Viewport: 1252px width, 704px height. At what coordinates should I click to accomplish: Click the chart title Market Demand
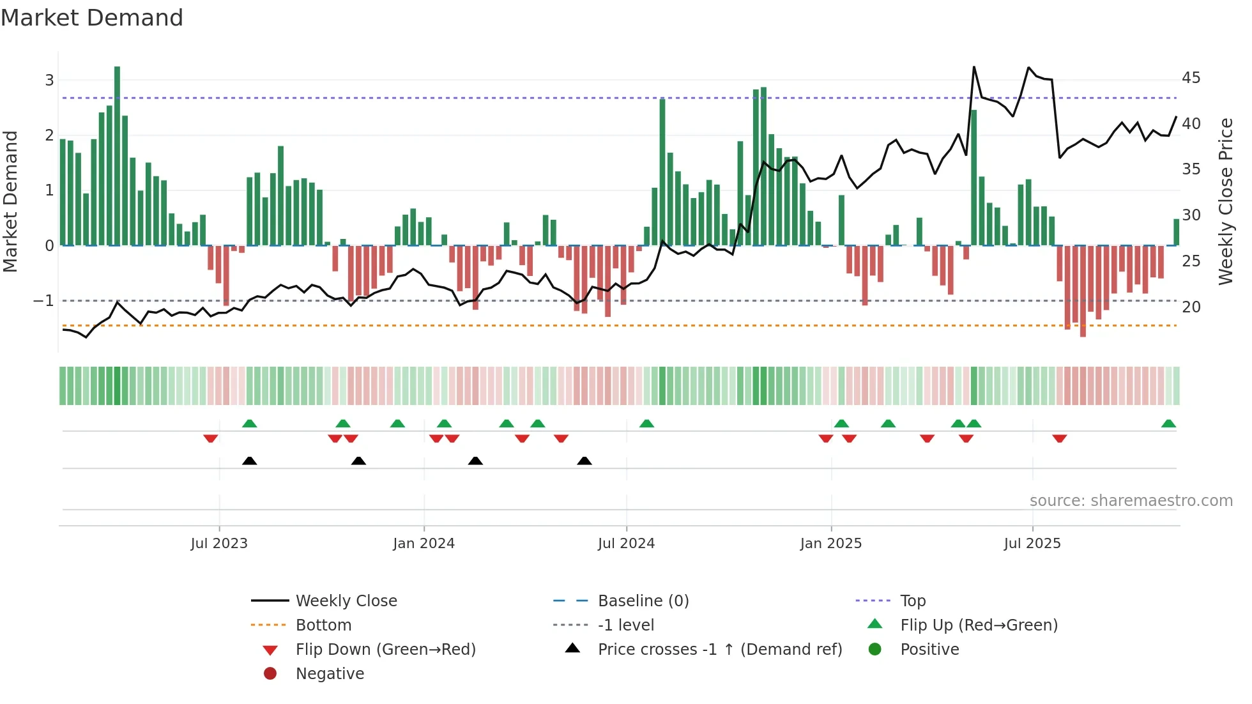point(92,18)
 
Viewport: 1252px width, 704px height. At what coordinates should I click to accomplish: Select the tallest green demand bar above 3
point(117,153)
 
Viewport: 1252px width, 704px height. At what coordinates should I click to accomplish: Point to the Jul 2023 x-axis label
point(218,544)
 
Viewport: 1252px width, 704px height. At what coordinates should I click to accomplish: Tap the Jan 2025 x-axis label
point(830,544)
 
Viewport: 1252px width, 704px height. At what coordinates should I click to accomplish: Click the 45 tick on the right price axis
point(1191,78)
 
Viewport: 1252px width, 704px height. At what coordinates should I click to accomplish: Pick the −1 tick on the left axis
point(43,301)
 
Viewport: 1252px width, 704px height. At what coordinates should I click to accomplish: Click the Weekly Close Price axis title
point(1225,201)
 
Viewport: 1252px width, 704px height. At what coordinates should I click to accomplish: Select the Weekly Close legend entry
point(346,601)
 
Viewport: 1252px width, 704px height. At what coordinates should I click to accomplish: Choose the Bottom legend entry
point(323,625)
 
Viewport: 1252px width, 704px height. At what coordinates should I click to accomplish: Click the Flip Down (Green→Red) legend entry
point(385,650)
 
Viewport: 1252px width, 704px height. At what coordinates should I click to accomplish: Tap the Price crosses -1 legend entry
point(719,650)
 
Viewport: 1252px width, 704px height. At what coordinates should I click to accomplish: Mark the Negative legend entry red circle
point(270,674)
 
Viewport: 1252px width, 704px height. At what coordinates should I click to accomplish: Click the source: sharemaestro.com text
point(1131,501)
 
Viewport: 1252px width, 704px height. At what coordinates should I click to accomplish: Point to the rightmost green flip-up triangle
point(1168,424)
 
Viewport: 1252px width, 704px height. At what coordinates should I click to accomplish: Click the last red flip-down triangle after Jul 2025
point(1060,438)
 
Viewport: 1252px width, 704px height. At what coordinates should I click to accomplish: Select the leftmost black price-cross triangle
point(250,461)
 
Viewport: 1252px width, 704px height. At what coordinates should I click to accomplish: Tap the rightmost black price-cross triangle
point(584,461)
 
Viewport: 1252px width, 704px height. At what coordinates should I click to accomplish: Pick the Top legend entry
point(912,601)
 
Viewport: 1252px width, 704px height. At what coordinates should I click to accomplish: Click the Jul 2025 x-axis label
point(1032,544)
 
